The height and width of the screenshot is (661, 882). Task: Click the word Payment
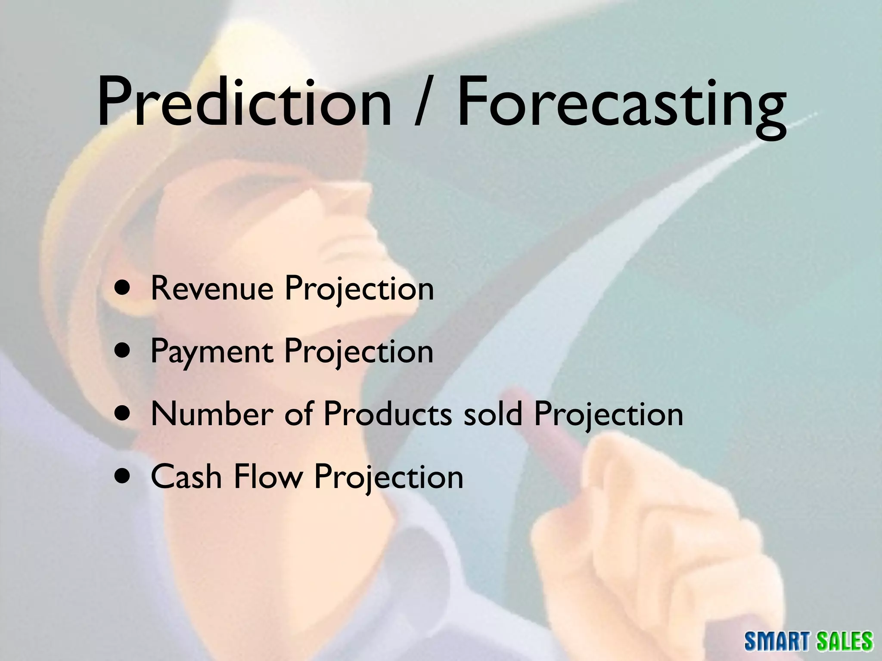[x=211, y=352]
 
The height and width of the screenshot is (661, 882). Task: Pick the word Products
[x=388, y=414]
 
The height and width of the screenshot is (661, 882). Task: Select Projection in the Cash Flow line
[x=388, y=478]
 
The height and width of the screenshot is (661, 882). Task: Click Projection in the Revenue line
[x=359, y=289]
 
